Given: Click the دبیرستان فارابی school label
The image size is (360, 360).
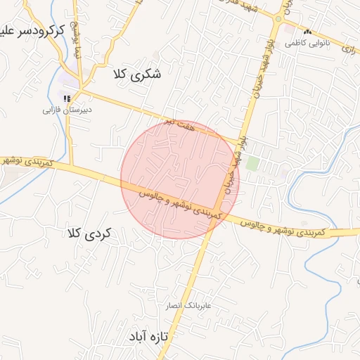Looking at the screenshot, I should (67, 110).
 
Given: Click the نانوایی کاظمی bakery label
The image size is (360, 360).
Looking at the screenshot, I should (305, 43).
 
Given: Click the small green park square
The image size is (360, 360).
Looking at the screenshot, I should (252, 164).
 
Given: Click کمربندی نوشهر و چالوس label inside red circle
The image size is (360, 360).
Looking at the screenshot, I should (181, 201).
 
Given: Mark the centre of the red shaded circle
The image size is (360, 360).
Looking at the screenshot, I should (180, 179).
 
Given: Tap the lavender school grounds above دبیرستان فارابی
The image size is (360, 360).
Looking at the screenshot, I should (70, 82).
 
